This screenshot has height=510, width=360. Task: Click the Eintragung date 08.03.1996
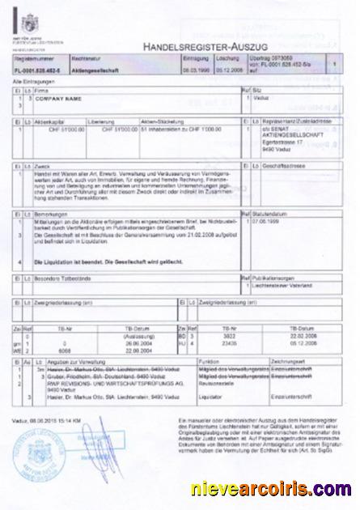[x=199, y=70]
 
